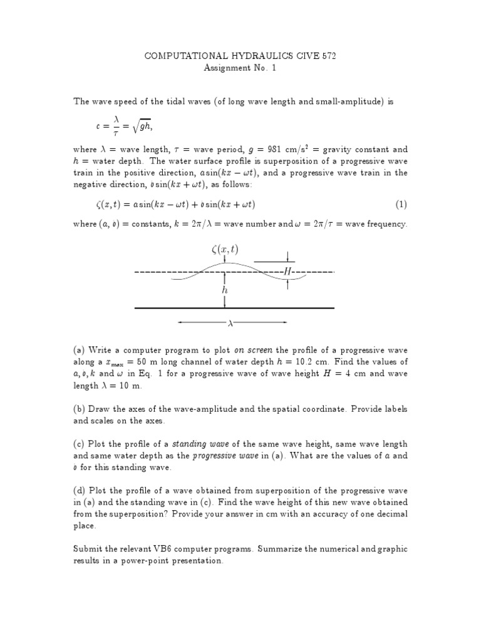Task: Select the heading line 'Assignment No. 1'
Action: [x=240, y=68]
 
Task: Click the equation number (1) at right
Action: [x=401, y=205]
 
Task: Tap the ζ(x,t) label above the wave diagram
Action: [x=224, y=250]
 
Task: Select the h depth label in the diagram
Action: [x=224, y=290]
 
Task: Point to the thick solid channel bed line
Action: [x=235, y=308]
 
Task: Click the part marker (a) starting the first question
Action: [x=80, y=350]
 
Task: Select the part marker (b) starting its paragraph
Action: [x=80, y=409]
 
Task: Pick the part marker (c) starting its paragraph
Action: [x=80, y=444]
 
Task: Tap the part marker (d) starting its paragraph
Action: [x=80, y=491]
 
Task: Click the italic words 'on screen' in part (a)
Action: [x=253, y=350]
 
